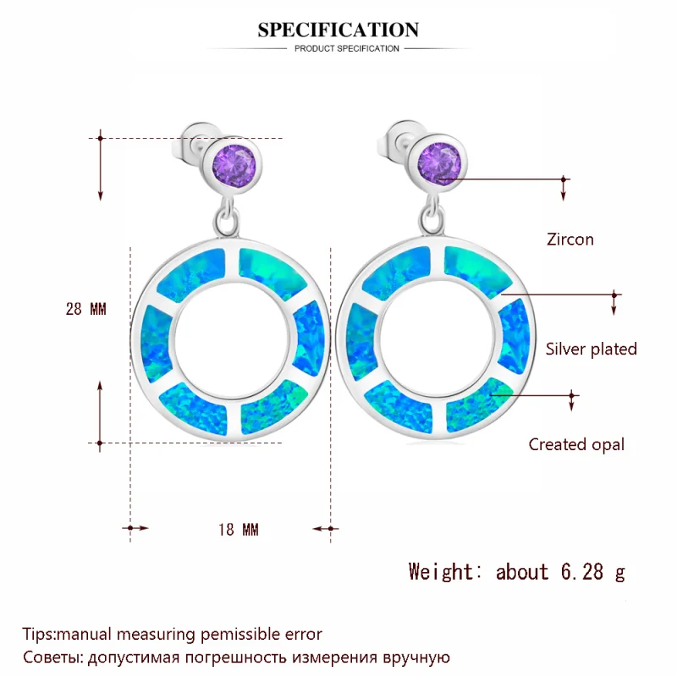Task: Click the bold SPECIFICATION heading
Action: [338, 30]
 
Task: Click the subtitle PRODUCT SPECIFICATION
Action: [347, 48]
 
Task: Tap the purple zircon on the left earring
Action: [234, 165]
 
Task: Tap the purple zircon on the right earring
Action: [439, 164]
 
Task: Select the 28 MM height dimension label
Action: [86, 309]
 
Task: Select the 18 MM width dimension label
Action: [239, 530]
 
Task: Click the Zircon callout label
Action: [570, 239]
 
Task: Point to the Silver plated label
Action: [591, 349]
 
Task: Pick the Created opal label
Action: [576, 444]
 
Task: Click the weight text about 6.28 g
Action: [560, 572]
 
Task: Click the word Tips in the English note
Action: [38, 634]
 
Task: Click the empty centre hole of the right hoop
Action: [437, 338]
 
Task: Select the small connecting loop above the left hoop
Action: [227, 218]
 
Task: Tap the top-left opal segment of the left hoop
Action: [192, 275]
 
